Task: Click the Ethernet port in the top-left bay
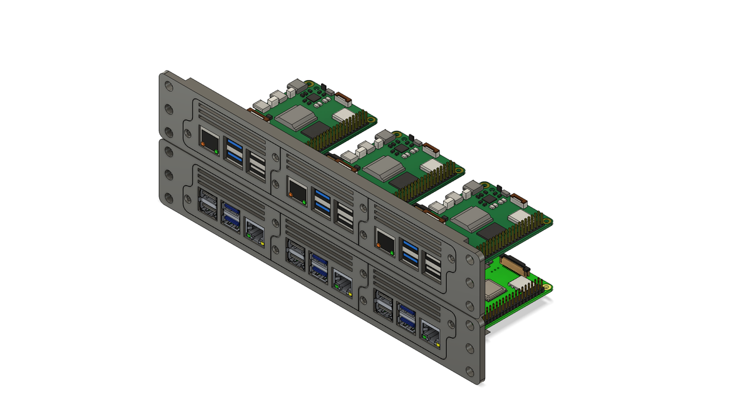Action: coord(208,139)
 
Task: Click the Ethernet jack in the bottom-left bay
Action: coord(254,233)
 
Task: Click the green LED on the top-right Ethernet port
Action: coord(392,253)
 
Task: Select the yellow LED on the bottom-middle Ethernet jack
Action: coord(350,293)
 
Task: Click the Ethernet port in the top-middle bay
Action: coord(297,189)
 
